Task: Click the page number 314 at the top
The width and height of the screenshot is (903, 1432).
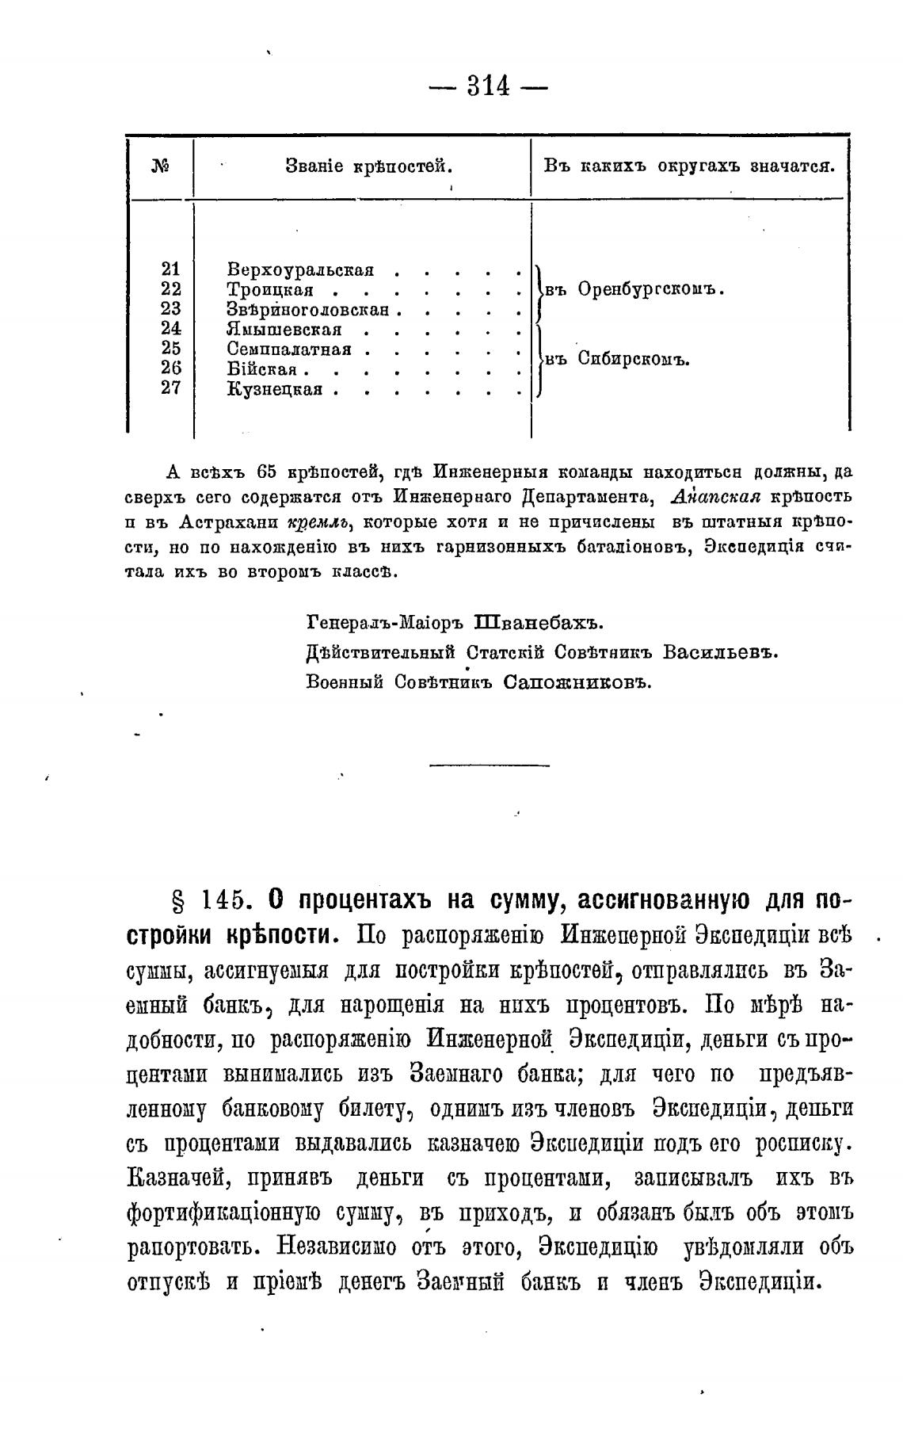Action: [488, 85]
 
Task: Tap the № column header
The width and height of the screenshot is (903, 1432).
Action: [161, 166]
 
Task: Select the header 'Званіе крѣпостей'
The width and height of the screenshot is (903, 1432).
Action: [368, 166]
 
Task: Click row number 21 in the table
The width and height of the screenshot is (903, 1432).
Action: [171, 269]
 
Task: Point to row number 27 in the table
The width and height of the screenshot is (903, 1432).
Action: [171, 388]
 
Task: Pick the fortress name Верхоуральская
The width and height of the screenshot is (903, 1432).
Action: [300, 269]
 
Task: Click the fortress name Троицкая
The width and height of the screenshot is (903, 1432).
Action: [270, 289]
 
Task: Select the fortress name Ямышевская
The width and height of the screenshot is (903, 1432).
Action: [284, 329]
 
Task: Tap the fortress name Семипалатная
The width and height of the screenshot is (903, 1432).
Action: [289, 349]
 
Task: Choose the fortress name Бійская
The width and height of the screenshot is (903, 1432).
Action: [261, 369]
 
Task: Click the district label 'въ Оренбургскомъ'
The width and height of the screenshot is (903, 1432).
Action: [635, 290]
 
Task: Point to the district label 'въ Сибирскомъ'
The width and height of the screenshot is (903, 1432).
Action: [619, 359]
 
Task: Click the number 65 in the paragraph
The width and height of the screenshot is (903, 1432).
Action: [265, 472]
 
